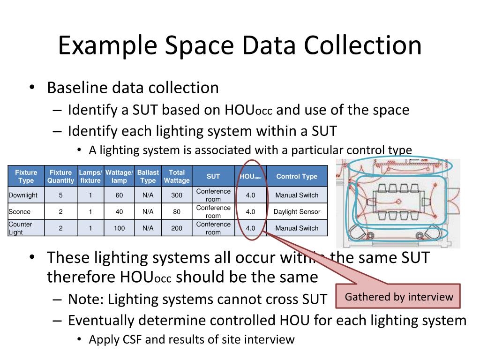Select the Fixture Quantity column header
(x=60, y=176)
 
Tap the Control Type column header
(x=297, y=176)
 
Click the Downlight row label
(x=23, y=195)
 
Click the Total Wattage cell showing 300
(x=177, y=195)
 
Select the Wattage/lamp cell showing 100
(x=119, y=228)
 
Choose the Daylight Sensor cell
(x=297, y=211)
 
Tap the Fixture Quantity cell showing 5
(x=60, y=195)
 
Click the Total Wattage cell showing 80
(x=177, y=211)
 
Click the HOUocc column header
(x=250, y=176)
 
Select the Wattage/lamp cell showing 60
(x=119, y=195)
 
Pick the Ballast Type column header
(x=148, y=176)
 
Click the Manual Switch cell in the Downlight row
(x=297, y=195)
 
